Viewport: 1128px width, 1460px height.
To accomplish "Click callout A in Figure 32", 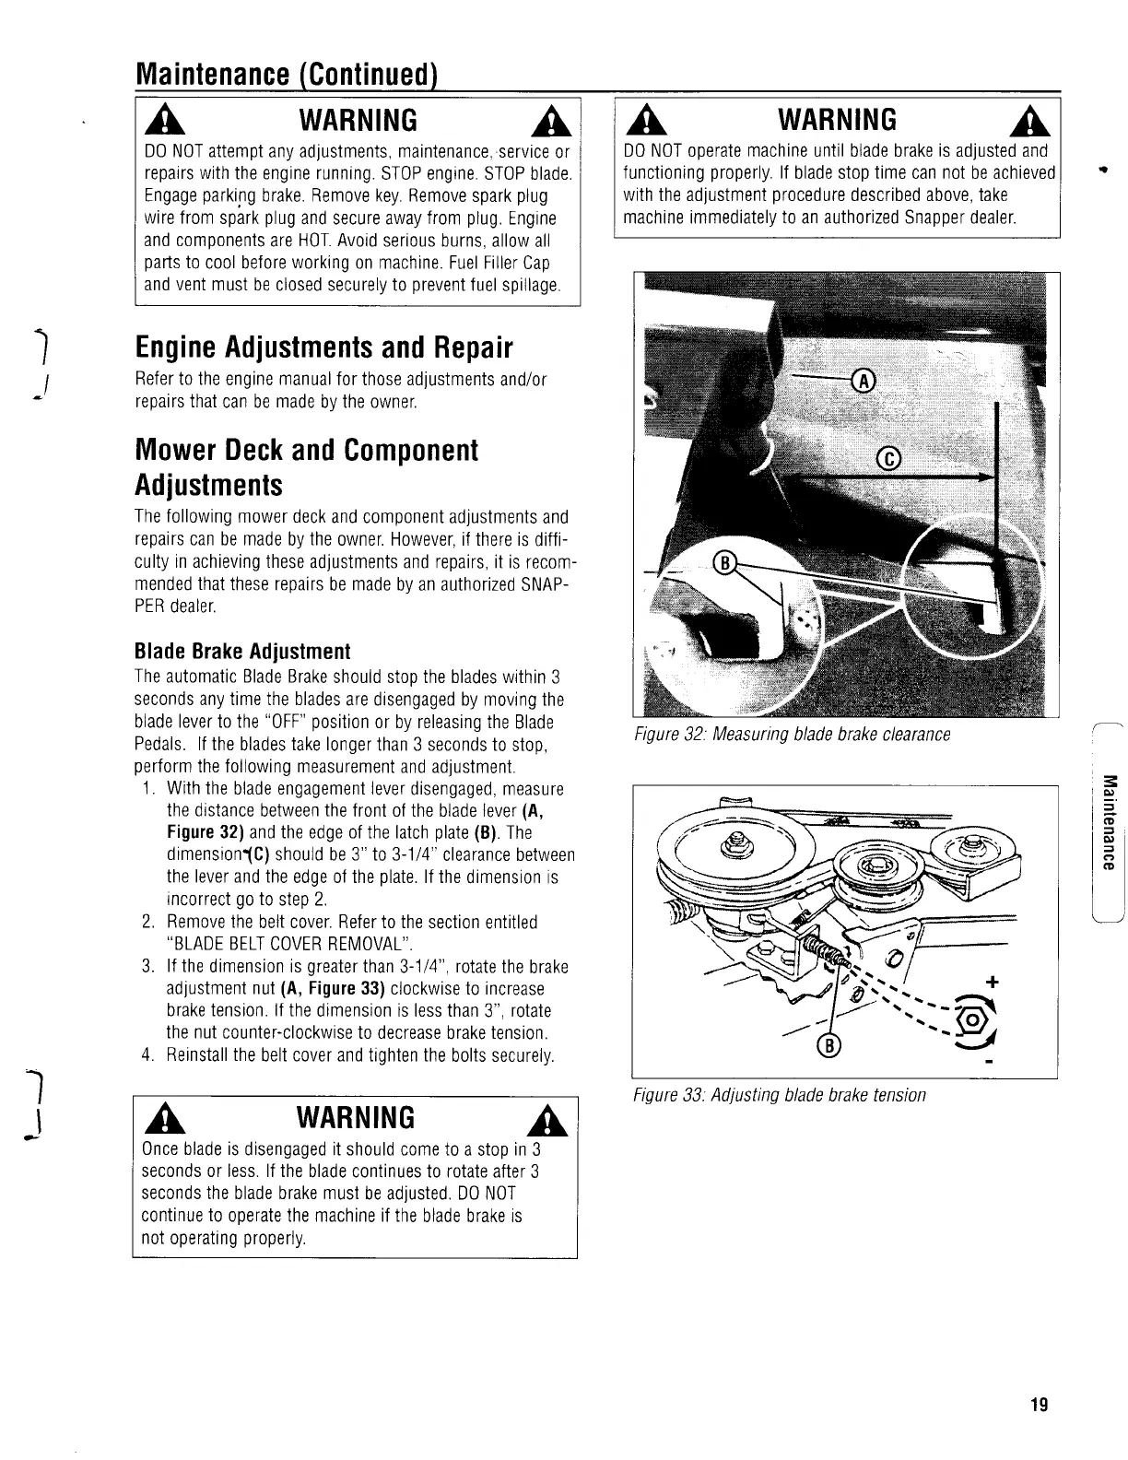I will point(864,380).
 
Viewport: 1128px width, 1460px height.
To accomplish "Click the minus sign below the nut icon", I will point(989,1064).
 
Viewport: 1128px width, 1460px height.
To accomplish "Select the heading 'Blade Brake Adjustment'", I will point(242,651).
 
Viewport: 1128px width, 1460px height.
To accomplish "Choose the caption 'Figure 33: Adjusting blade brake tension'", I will point(779,1095).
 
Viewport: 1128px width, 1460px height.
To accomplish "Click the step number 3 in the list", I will point(147,967).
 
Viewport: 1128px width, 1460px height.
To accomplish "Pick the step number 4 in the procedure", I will point(147,1054).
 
